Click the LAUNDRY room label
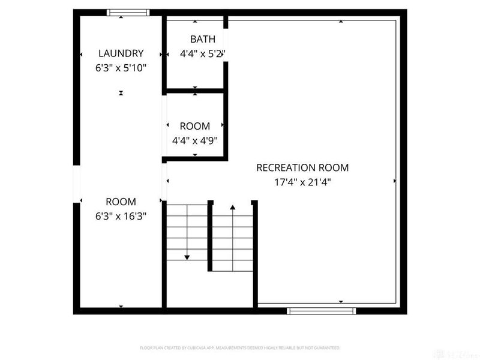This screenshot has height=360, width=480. pos(121,53)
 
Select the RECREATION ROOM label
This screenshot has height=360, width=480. pos(302,168)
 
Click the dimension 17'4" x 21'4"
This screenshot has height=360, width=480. pos(302,182)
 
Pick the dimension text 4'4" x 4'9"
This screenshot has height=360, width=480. pos(195,140)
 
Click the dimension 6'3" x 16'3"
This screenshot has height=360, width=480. pos(121,216)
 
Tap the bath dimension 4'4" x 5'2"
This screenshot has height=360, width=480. pos(202,53)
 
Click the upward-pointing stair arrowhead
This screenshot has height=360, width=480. pos(233,207)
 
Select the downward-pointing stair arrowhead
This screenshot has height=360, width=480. pos(187,257)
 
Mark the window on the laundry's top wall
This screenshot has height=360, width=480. pos(127,12)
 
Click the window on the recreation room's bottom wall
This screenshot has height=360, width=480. pos(321,310)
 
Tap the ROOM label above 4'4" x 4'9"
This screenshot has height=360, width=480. pos(195,127)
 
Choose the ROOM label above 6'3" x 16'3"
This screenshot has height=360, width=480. pos(121,202)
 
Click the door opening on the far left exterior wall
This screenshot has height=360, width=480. pos(76,184)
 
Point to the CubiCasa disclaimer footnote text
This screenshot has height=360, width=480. pos(240,348)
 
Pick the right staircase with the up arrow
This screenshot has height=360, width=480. pos(233,237)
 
